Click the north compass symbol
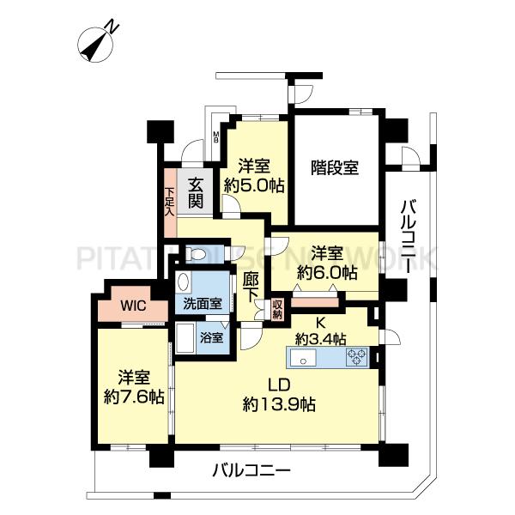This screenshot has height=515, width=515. (95, 44)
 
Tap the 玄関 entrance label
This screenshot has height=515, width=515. (196, 194)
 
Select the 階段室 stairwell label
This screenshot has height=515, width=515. (335, 167)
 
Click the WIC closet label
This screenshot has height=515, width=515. (133, 306)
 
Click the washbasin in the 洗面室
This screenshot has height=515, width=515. (184, 282)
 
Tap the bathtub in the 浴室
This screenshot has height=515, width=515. (185, 338)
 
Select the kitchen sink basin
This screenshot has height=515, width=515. (302, 357)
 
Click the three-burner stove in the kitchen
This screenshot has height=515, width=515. (357, 357)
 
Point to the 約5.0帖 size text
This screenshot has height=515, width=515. (254, 186)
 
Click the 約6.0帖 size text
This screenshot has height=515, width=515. (327, 272)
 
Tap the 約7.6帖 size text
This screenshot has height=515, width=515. (134, 397)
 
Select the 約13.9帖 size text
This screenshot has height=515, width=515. (280, 404)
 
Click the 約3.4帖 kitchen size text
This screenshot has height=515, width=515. (320, 339)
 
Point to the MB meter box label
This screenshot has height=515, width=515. (216, 137)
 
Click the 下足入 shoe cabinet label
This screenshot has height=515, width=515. (169, 202)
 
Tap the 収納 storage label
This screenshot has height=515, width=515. (277, 309)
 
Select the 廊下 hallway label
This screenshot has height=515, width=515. (251, 288)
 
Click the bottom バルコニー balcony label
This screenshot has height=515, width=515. (251, 471)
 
